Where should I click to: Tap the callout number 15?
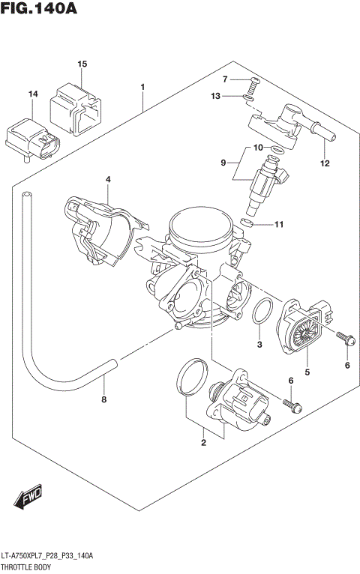tap(82, 65)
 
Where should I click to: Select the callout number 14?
tap(32, 94)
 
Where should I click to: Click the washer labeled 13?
tap(250, 96)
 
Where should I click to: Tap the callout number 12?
tap(325, 163)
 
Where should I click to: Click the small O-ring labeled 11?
tap(249, 223)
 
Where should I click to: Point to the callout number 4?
tap(108, 180)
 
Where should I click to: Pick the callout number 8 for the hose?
tap(104, 399)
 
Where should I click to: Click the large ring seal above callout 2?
tap(193, 377)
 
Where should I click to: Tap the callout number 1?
tap(142, 88)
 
